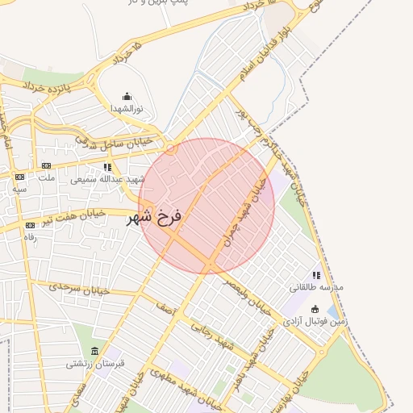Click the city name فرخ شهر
(155, 218)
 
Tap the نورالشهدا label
(127, 108)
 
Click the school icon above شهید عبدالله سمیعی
(107, 167)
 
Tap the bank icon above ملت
(46, 166)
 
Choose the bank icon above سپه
(19, 176)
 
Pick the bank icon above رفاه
(30, 225)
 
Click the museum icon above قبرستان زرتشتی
(96, 352)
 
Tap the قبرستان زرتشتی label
(96, 364)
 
